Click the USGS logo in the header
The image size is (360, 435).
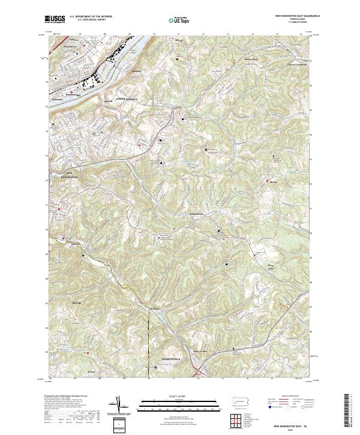point(56,19)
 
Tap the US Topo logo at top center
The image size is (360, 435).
point(179,20)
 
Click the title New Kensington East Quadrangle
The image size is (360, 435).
point(297,16)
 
